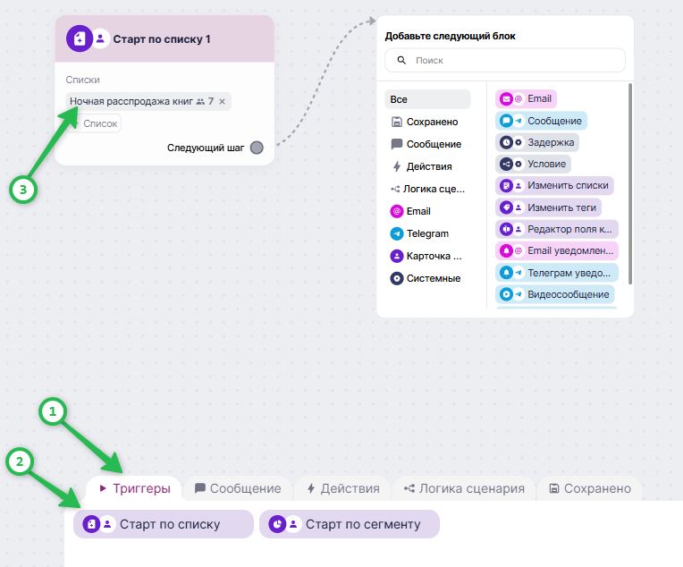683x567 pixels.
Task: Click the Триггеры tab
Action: pyautogui.click(x=134, y=488)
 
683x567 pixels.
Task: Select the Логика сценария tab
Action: pyautogui.click(x=464, y=488)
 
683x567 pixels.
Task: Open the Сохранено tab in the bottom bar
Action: pyautogui.click(x=590, y=488)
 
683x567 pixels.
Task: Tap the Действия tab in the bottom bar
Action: pyautogui.click(x=343, y=488)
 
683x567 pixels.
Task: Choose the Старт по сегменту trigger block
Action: pyautogui.click(x=350, y=524)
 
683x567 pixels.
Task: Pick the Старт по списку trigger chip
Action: pyautogui.click(x=164, y=524)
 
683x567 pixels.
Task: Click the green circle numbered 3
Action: pyautogui.click(x=23, y=190)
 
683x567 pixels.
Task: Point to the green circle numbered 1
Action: pyautogui.click(x=53, y=411)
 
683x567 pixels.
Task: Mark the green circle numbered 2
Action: pyautogui.click(x=20, y=461)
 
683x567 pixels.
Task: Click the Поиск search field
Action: pyautogui.click(x=505, y=60)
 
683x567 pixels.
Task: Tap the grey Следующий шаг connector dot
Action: pyautogui.click(x=257, y=148)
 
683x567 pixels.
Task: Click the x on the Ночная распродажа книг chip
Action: pyautogui.click(x=222, y=102)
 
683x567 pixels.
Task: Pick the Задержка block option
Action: pyautogui.click(x=537, y=142)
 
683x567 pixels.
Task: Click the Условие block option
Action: pyautogui.click(x=533, y=164)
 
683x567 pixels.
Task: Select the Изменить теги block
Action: pyautogui.click(x=548, y=207)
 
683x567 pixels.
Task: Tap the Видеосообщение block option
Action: pyautogui.click(x=555, y=294)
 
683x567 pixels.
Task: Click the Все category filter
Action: pyautogui.click(x=427, y=99)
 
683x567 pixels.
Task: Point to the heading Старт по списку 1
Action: pyautogui.click(x=162, y=39)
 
